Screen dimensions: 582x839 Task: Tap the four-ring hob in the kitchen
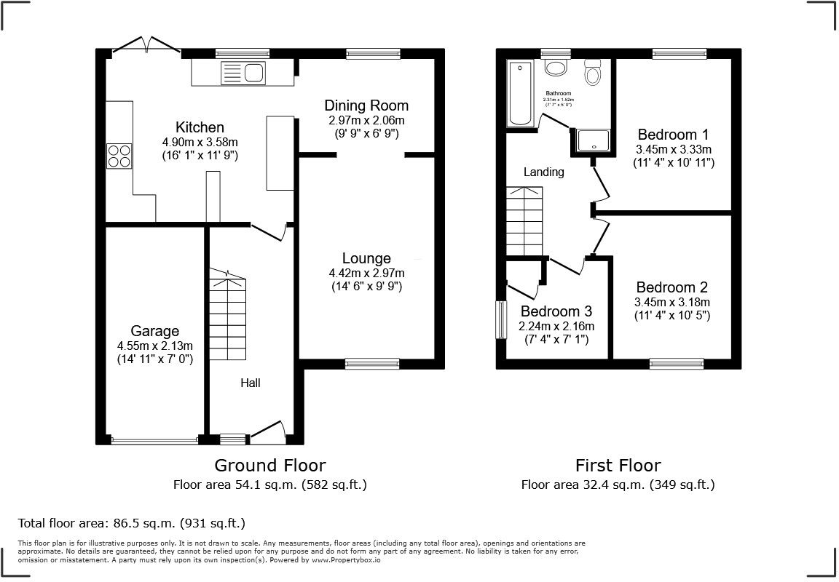pyautogui.click(x=119, y=156)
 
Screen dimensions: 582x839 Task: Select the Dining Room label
pyautogui.click(x=366, y=105)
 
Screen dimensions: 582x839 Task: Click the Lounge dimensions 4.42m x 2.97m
pyautogui.click(x=366, y=273)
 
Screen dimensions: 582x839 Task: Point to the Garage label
pyautogui.click(x=154, y=331)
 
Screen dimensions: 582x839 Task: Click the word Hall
pyautogui.click(x=251, y=383)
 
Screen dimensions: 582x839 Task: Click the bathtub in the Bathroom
pyautogui.click(x=519, y=94)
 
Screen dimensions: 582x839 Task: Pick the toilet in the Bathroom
pyautogui.click(x=593, y=73)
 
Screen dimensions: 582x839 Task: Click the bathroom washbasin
pyautogui.click(x=556, y=68)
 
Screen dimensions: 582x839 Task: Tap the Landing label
pyautogui.click(x=544, y=172)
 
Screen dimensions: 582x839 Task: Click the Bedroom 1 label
pyautogui.click(x=672, y=135)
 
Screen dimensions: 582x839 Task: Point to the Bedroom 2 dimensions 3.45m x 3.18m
pyautogui.click(x=672, y=302)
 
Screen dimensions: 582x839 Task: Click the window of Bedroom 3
pyautogui.click(x=501, y=319)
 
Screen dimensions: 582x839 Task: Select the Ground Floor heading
pyautogui.click(x=269, y=465)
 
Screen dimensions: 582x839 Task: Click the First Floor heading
pyautogui.click(x=618, y=465)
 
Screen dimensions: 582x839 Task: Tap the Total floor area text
pyautogui.click(x=131, y=522)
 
